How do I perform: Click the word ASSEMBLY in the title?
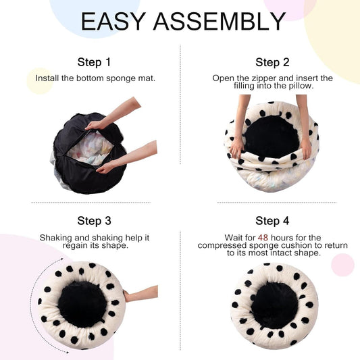tap(219, 22)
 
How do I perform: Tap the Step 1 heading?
tap(95, 62)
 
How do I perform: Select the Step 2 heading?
tap(272, 62)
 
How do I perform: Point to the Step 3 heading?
tap(95, 221)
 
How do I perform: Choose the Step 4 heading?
tap(272, 221)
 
